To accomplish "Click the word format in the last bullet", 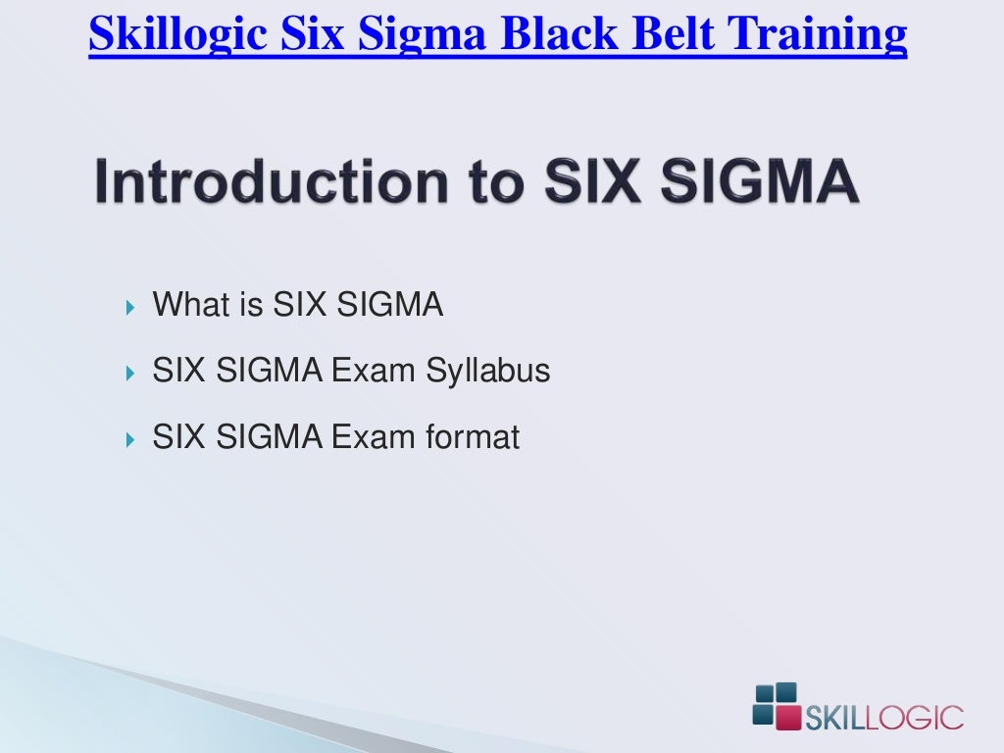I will click(472, 436).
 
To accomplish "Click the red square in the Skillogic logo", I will click(786, 716).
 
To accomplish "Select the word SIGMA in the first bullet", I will click(389, 305).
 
